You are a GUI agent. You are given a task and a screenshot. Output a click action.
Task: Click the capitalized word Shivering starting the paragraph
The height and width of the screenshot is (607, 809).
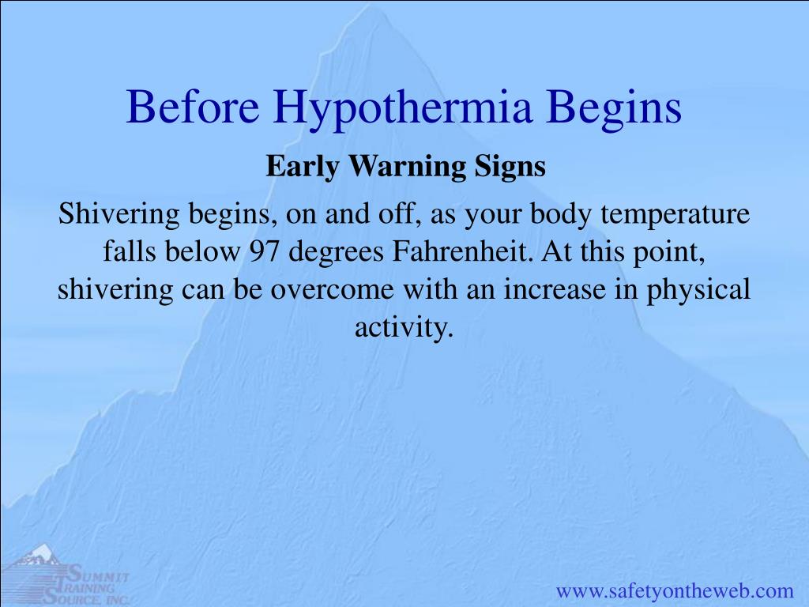tap(119, 214)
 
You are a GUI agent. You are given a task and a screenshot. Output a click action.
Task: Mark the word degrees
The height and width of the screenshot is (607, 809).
tap(336, 253)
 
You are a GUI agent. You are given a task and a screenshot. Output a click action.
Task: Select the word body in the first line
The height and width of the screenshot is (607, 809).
tap(561, 214)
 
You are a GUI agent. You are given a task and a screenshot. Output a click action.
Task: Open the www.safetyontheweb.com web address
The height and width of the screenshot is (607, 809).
tap(675, 590)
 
